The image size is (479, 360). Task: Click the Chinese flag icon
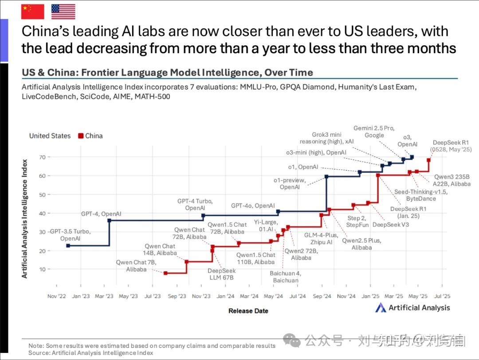(33, 12)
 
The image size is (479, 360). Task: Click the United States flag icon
(63, 12)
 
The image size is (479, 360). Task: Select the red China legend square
(80, 136)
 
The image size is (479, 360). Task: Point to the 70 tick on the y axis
(42, 158)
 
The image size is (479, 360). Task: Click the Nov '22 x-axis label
(57, 296)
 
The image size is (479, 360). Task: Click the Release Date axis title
(248, 311)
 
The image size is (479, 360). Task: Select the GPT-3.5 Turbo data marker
(68, 245)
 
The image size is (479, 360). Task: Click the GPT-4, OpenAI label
(101, 214)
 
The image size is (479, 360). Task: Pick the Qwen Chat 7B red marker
(165, 273)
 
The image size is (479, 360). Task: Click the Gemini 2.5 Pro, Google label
(374, 132)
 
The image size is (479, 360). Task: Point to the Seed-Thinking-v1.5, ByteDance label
(421, 195)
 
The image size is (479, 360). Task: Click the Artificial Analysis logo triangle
(381, 308)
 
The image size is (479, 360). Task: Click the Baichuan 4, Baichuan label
(286, 277)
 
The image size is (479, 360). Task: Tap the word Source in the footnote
(39, 353)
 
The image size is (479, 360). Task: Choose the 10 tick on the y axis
(42, 269)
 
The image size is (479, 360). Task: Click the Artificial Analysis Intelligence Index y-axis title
(25, 218)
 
